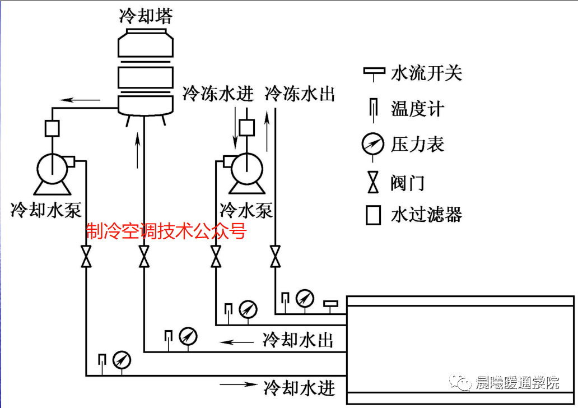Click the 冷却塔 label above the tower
coord(146,15)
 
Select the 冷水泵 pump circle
coord(245,166)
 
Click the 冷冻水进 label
coord(218,94)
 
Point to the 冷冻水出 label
coord(300,94)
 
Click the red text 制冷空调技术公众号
coord(166,230)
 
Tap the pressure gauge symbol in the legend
coord(373,145)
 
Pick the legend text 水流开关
coord(426,72)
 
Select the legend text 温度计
coord(417,109)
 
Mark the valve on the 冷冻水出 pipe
coord(275,258)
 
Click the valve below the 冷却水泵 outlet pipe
coord(86,258)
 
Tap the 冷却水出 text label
coord(298,340)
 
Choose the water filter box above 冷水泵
coord(246,128)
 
